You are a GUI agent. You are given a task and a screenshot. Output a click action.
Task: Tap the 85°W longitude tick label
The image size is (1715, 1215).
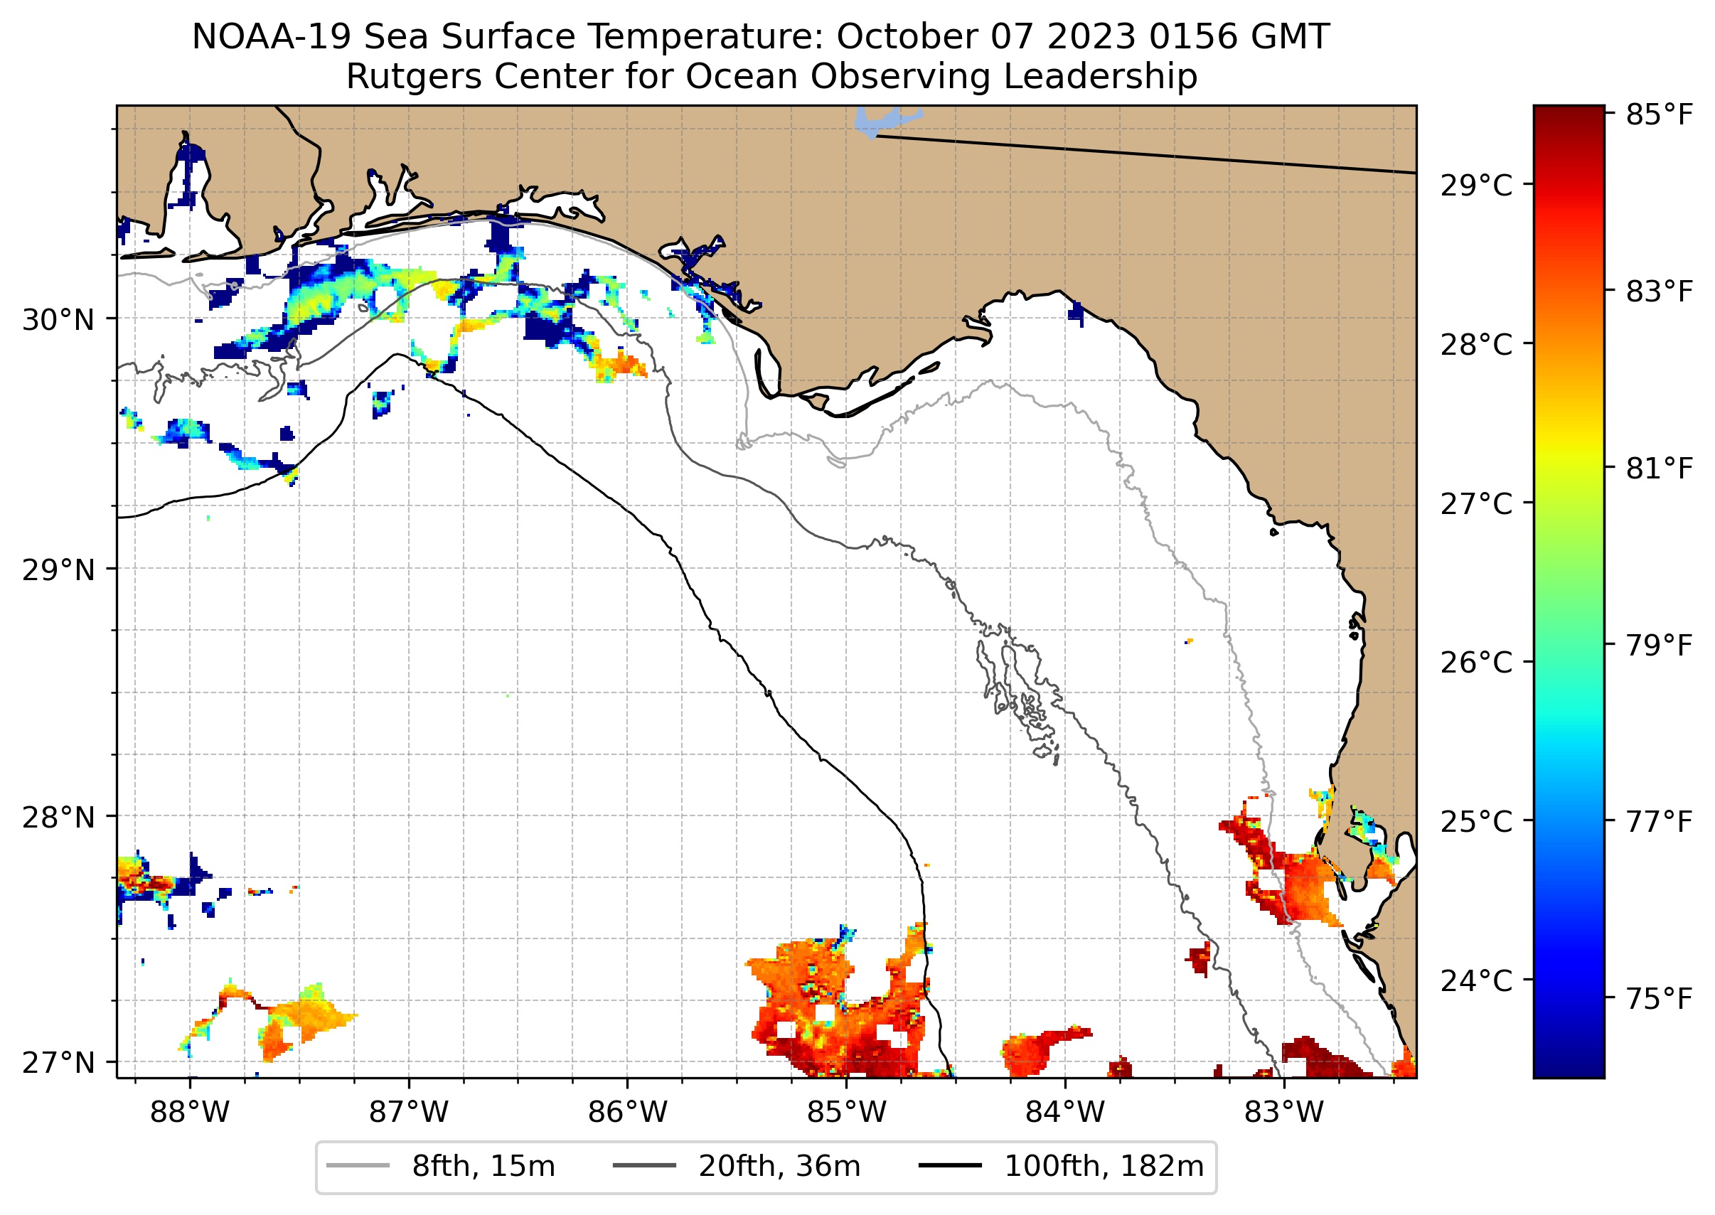click(x=846, y=1113)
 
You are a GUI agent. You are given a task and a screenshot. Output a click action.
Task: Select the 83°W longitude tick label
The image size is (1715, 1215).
click(x=1284, y=1113)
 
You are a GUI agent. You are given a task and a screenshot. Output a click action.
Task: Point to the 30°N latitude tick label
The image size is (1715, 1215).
click(x=58, y=320)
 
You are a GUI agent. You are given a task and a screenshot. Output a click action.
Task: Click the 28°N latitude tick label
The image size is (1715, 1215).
click(x=58, y=818)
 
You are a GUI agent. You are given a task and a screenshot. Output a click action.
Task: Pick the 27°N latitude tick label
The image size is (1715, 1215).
click(x=58, y=1062)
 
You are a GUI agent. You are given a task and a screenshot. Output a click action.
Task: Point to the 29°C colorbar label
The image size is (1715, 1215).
click(x=1476, y=186)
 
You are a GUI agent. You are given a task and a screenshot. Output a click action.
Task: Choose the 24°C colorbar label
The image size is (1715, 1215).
click(x=1476, y=980)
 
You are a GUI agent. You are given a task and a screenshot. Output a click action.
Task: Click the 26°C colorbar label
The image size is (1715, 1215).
click(x=1476, y=662)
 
